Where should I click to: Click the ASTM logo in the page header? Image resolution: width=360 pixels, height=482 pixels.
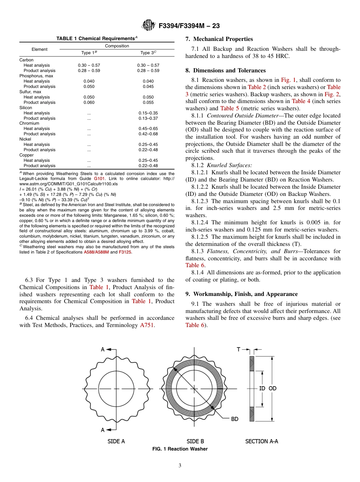coord(148,25)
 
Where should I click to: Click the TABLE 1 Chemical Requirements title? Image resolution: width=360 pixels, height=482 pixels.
coord(97,39)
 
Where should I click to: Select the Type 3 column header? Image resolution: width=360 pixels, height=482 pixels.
coord(148,53)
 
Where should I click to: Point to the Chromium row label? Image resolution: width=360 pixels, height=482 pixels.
coord(29,123)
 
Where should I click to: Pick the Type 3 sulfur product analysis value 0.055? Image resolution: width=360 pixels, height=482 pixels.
coord(148,102)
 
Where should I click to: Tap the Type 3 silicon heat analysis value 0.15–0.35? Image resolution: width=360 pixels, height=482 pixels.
coord(148,113)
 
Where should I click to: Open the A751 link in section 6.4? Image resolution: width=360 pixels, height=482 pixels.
coord(147,325)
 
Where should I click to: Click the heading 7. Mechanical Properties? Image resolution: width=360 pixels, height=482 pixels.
coord(219,39)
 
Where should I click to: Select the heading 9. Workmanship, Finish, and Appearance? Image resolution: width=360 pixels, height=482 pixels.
coord(241,294)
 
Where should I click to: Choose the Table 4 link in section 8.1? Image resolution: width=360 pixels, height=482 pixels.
coord(300,101)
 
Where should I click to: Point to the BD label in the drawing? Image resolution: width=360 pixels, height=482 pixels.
coord(235,419)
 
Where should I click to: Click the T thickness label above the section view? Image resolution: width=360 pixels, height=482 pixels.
coord(239,349)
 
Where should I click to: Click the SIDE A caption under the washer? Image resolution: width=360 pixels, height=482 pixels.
coord(116,441)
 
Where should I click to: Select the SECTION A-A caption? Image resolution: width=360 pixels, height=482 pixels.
coord(261,441)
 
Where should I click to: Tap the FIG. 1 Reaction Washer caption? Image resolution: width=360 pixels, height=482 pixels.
coord(180,449)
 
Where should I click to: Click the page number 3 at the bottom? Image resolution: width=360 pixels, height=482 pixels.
coord(180,466)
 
